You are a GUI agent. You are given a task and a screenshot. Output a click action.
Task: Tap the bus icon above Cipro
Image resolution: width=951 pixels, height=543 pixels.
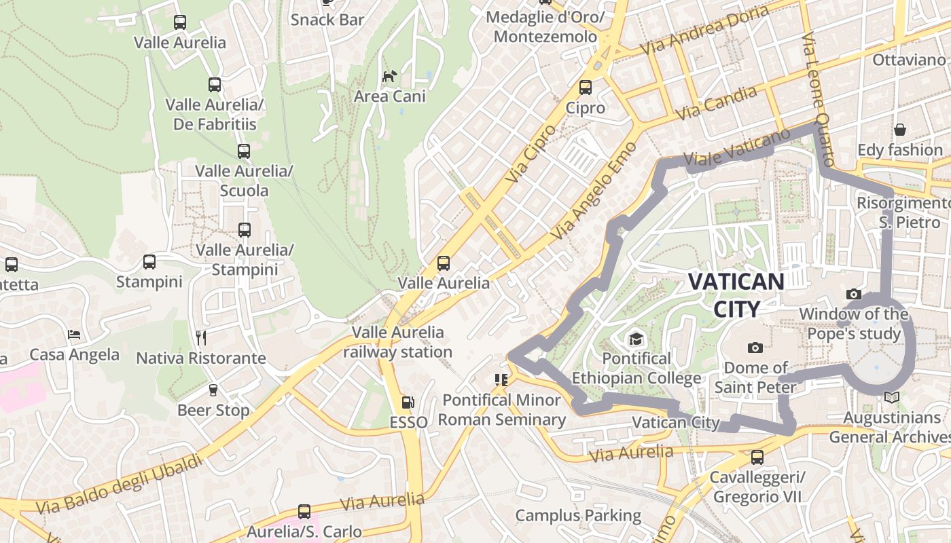click(585, 88)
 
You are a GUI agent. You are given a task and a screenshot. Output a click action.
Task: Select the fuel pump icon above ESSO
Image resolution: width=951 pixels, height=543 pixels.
click(408, 402)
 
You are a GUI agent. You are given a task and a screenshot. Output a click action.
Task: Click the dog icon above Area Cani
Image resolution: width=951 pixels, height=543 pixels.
click(389, 76)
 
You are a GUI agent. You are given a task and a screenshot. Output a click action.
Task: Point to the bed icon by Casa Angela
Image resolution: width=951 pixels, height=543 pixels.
click(74, 335)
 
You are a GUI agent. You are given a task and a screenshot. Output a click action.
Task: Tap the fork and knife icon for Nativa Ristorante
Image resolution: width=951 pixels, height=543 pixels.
click(200, 337)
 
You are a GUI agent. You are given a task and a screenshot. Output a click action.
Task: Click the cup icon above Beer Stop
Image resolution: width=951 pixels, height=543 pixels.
click(213, 390)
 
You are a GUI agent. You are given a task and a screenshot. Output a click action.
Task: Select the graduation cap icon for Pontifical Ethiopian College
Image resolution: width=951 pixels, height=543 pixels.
click(636, 338)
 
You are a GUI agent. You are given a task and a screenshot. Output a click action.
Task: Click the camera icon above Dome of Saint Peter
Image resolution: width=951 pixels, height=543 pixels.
click(755, 348)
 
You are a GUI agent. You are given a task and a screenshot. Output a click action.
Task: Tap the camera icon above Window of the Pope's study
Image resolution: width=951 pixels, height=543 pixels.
click(854, 295)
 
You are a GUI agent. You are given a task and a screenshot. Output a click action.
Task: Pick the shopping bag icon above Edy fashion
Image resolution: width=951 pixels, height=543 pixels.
click(900, 130)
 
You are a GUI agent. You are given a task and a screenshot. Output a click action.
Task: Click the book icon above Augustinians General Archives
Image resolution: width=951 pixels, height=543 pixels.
click(891, 398)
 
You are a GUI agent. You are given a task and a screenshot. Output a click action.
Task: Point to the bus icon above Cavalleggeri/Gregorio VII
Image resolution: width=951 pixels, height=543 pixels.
click(757, 457)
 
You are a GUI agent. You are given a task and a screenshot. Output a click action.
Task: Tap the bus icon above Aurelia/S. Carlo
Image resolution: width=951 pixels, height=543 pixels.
click(304, 512)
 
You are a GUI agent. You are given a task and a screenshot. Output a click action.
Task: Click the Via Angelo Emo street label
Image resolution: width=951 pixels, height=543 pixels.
click(594, 191)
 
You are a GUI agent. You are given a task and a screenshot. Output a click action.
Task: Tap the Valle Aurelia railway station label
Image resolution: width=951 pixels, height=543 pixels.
click(397, 342)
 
